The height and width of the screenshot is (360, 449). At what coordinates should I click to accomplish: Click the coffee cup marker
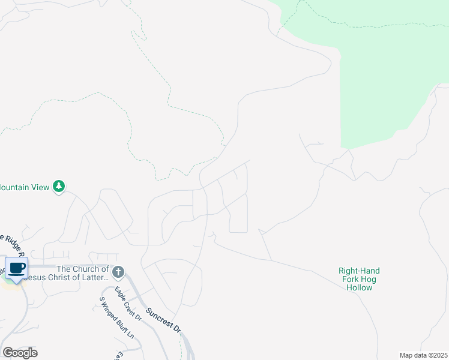click(x=17, y=268)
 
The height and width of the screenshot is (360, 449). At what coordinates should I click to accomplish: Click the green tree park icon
click(x=59, y=187)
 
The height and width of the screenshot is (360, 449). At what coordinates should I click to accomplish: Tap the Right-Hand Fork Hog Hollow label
click(x=359, y=279)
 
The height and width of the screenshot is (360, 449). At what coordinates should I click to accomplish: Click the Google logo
click(x=20, y=352)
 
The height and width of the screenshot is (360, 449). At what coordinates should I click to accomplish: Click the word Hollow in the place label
click(x=359, y=287)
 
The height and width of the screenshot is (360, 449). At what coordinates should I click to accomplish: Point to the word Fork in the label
click(x=350, y=279)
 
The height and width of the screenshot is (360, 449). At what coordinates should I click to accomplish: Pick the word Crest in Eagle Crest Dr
click(x=127, y=305)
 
